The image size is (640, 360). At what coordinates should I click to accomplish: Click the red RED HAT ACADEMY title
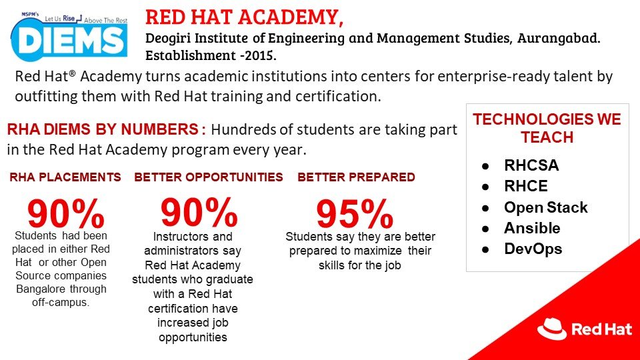pos(244,17)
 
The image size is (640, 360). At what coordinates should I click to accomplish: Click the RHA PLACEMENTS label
pos(65,177)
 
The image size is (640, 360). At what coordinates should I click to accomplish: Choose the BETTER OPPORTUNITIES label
pos(209,177)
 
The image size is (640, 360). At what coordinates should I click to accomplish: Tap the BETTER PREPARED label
pos(356,177)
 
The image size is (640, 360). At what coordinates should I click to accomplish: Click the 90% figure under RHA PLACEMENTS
pos(65,213)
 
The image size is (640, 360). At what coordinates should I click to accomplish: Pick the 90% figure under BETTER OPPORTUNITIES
pos(199,212)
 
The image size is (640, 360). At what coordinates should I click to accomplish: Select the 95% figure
pos(354,214)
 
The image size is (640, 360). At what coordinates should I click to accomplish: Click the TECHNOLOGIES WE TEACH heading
pos(547,129)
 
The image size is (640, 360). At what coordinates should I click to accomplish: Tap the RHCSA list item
pos(531,166)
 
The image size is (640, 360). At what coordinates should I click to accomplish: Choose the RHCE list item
pos(525,187)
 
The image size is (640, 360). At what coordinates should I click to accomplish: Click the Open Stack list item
pos(545,207)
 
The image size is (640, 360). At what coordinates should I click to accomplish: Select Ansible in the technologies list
pos(532,228)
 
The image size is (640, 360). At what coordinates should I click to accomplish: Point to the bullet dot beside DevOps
pos(489,249)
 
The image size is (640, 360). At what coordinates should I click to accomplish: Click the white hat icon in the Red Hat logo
pos(551,328)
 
